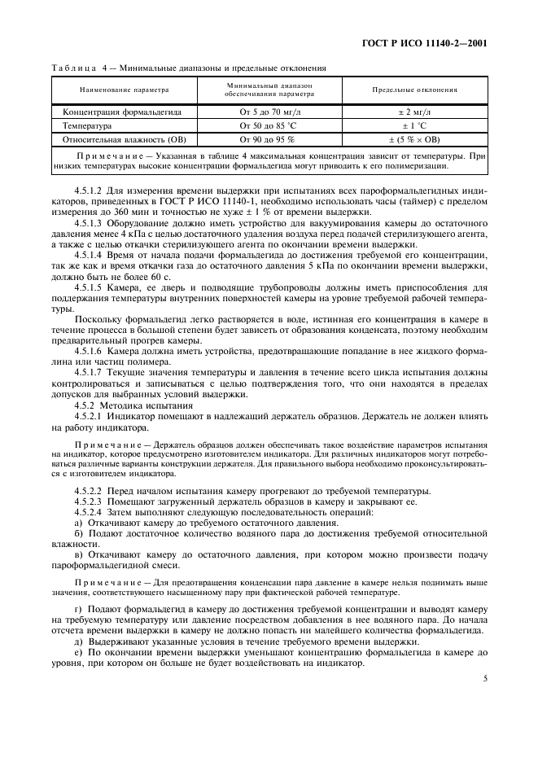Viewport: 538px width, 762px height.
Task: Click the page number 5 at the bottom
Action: pos(484,677)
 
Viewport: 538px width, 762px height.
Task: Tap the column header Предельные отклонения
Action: pos(414,90)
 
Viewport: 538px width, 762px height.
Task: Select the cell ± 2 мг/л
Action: pos(414,112)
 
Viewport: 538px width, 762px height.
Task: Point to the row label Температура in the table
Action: pos(87,125)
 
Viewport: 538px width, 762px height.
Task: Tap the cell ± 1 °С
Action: pos(414,125)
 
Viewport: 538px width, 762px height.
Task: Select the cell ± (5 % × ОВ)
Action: pos(414,139)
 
